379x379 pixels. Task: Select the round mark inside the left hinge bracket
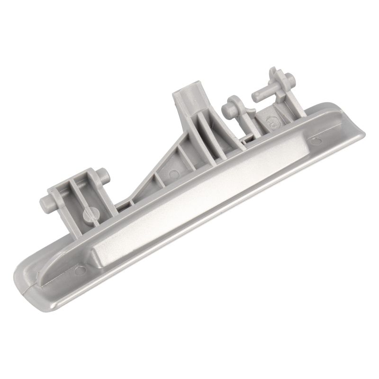tap(89, 214)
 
